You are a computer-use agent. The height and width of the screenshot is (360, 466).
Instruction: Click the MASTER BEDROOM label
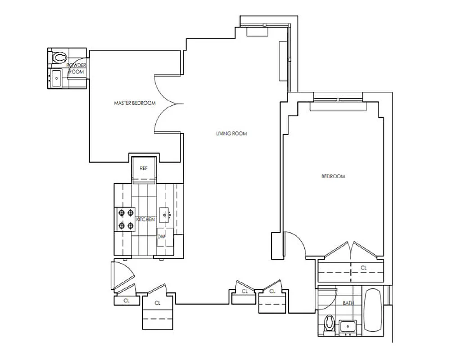click(x=135, y=103)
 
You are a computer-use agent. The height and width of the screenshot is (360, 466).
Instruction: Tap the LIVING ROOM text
click(x=231, y=134)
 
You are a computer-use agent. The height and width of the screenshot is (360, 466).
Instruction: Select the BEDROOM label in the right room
click(x=333, y=176)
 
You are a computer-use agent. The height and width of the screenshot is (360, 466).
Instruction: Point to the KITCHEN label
click(x=145, y=220)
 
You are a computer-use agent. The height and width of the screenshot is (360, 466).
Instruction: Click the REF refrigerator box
click(x=144, y=168)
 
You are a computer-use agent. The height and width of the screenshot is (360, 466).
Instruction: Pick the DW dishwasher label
click(x=161, y=236)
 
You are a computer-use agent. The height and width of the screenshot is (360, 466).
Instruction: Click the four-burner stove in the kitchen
click(x=126, y=219)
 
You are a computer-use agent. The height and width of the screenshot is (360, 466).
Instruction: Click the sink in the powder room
click(x=56, y=78)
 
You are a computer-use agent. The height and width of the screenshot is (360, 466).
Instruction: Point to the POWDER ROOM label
click(x=76, y=68)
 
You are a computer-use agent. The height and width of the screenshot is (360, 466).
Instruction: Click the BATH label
click(x=348, y=303)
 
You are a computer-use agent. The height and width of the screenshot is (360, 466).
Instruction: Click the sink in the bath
click(x=348, y=326)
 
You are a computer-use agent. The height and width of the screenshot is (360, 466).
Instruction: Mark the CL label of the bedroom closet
click(x=364, y=268)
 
